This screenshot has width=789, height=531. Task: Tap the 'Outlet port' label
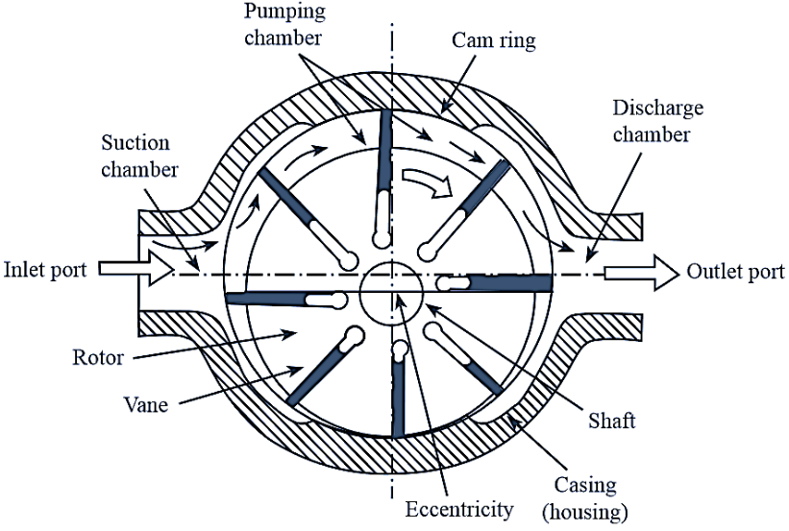(735, 272)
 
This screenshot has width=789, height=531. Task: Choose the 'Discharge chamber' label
(651, 120)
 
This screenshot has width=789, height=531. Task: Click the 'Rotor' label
(98, 358)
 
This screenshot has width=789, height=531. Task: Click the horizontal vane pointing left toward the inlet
(279, 299)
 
